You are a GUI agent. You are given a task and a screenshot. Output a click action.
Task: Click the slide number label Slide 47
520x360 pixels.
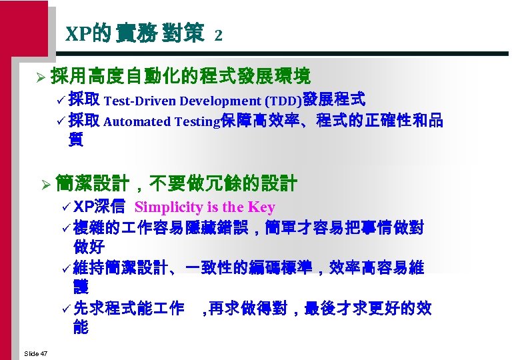(35, 353)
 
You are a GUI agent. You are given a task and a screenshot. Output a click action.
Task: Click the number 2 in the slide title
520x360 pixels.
(218, 36)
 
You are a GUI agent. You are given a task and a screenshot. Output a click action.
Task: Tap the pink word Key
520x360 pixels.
(261, 207)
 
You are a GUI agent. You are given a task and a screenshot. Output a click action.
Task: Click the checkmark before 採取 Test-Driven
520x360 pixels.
(62, 101)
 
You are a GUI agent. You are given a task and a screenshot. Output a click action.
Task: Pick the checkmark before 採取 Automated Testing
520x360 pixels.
(62, 121)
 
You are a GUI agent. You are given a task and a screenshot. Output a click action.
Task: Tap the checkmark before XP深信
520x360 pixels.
(67, 207)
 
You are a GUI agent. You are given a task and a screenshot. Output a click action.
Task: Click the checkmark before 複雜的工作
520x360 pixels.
(67, 227)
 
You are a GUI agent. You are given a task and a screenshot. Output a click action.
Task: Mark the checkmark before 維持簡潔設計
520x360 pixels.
(67, 268)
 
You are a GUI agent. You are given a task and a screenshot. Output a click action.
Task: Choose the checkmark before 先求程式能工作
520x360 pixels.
(67, 309)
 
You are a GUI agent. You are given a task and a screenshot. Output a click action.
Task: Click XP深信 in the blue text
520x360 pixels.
(99, 207)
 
